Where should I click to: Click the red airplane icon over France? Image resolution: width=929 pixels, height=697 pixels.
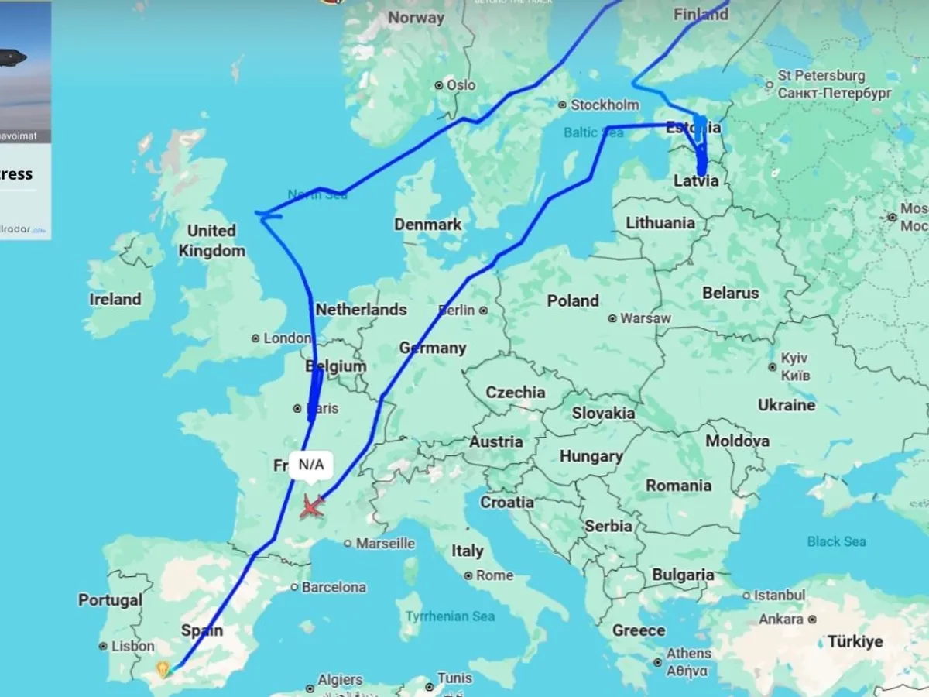click(311, 507)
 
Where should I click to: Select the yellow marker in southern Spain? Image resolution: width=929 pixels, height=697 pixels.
click(163, 668)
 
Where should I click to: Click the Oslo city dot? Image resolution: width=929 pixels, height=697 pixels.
click(439, 85)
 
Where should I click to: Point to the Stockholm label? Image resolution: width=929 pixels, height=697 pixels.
click(605, 105)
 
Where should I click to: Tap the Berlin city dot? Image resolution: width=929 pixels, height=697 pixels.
click(483, 311)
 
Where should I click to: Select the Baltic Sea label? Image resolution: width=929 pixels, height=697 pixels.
click(593, 132)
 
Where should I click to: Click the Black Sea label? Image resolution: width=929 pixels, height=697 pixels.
click(836, 541)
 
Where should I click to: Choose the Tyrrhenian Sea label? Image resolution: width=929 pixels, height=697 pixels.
click(450, 616)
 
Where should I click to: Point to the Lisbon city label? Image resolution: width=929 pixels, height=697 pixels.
click(132, 646)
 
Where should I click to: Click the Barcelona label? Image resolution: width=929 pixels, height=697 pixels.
click(334, 587)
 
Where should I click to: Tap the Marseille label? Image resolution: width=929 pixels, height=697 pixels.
click(385, 544)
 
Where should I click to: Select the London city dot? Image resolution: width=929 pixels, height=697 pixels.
click(255, 338)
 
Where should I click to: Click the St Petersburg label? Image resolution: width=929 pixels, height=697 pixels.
click(821, 76)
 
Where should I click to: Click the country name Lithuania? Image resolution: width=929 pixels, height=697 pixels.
click(660, 223)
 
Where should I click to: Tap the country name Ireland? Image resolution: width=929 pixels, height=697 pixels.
click(115, 299)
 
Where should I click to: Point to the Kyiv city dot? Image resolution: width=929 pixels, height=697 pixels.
click(773, 366)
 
